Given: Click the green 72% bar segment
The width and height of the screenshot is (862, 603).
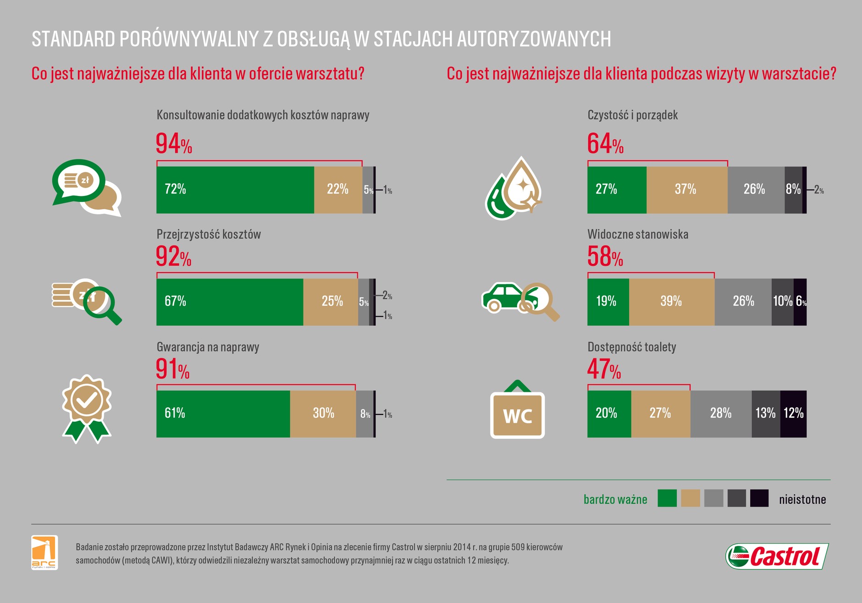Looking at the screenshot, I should click(235, 190).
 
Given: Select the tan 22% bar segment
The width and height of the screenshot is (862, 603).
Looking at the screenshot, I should click(338, 190).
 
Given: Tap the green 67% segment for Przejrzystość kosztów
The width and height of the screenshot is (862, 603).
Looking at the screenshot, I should click(229, 302).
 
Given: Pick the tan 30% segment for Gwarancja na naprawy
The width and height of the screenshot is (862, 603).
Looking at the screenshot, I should click(323, 414).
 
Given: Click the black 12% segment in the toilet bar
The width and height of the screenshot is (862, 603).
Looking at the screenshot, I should click(793, 414).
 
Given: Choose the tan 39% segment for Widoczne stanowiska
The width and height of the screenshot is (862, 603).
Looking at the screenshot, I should click(671, 302).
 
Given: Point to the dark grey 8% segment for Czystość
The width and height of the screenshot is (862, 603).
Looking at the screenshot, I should click(793, 190).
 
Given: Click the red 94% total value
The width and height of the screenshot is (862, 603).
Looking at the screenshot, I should click(173, 144).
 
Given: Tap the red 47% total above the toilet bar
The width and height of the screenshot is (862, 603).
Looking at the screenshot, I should click(604, 369).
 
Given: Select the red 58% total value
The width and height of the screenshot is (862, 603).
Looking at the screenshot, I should click(605, 257).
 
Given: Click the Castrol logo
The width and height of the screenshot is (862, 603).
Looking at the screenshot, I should click(777, 557).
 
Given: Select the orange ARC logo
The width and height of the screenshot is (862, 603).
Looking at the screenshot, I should click(44, 552).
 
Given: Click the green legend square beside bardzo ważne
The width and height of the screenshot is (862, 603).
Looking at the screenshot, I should click(667, 498).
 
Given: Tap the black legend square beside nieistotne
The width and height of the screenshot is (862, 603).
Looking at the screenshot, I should click(759, 498).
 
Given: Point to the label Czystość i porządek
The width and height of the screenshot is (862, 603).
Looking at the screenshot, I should click(632, 115).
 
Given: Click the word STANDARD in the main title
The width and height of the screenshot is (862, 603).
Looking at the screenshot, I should click(73, 39).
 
